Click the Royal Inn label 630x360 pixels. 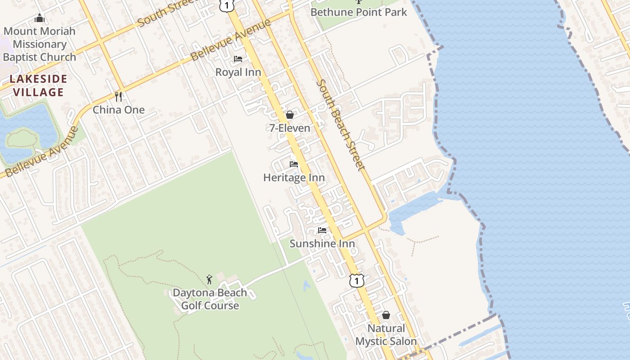(x=238, y=72)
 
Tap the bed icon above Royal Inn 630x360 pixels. (x=238, y=59)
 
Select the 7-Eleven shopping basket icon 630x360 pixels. (x=290, y=115)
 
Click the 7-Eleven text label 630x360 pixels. (x=290, y=128)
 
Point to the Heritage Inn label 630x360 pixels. (x=294, y=178)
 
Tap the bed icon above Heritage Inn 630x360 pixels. (x=294, y=164)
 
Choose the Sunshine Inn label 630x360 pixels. (x=322, y=244)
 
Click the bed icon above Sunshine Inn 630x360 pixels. (x=322, y=230)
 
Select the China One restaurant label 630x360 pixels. (x=119, y=110)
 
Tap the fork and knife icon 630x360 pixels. (x=119, y=96)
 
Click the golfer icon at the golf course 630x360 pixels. (x=209, y=279)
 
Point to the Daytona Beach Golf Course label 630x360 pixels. (x=210, y=299)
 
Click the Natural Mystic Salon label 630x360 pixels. (x=386, y=335)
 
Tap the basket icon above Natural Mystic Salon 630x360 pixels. (x=386, y=315)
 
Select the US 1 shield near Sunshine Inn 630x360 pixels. (x=357, y=281)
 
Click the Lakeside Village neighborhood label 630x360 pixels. (x=38, y=86)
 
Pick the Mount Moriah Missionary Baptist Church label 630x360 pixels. (x=40, y=44)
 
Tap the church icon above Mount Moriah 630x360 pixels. (x=40, y=18)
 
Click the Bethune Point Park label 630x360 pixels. (x=359, y=12)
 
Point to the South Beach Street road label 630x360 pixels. (x=340, y=125)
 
